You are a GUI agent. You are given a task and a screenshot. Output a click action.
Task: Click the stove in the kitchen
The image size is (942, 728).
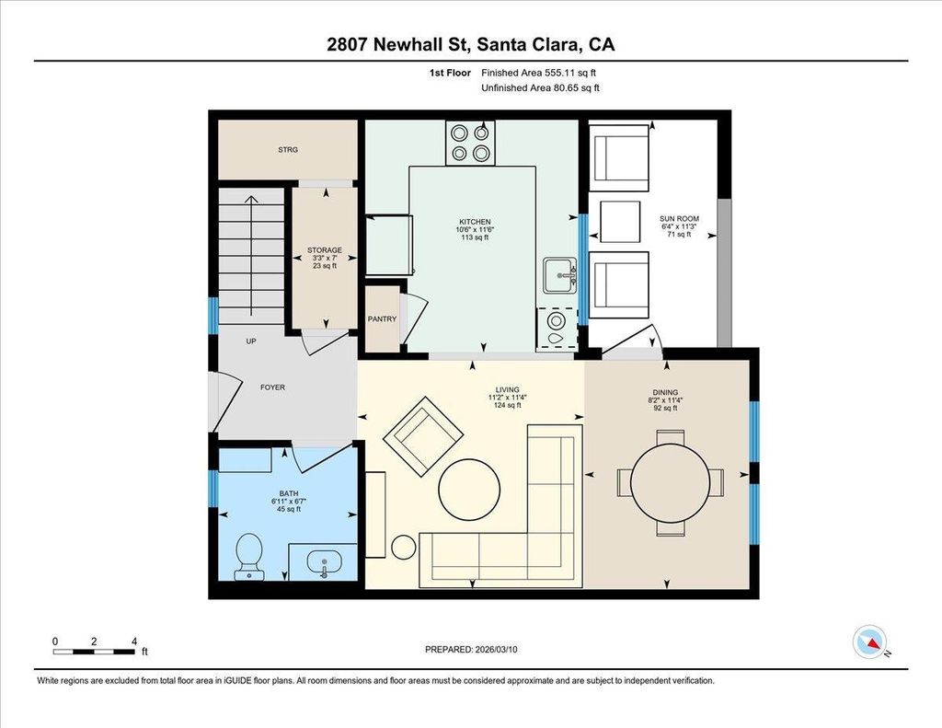[470, 143]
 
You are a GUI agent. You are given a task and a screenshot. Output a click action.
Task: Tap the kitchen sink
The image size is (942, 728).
[560, 276]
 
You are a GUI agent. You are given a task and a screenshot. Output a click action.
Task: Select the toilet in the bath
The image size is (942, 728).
[248, 557]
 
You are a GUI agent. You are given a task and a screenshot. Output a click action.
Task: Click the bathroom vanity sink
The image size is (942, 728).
[325, 563]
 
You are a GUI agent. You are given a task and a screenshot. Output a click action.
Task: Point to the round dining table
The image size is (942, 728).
[670, 483]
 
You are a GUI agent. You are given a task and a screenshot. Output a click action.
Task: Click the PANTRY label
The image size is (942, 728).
[382, 319]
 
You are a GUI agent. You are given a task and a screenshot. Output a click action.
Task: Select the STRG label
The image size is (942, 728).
[288, 150]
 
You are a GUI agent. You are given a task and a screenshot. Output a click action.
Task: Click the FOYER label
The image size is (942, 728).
[272, 387]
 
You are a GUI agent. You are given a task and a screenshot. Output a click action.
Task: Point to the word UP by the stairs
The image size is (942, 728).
[251, 341]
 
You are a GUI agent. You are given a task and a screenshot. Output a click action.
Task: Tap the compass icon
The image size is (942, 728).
[869, 642]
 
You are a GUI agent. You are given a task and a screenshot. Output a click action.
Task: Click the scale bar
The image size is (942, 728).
[94, 652]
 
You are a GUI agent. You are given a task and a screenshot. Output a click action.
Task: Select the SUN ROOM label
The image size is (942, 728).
[680, 219]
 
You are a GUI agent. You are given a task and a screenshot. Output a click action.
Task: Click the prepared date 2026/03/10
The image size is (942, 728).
[496, 649]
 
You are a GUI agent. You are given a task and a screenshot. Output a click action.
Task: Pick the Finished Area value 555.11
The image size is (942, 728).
[560, 73]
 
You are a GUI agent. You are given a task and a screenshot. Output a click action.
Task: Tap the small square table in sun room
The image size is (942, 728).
[620, 221]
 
